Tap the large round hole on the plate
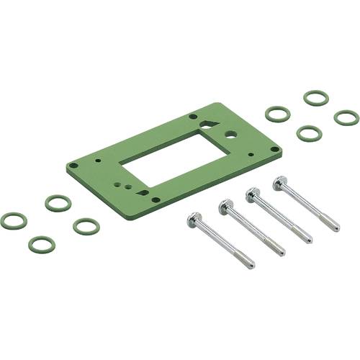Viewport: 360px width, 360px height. point(230,134)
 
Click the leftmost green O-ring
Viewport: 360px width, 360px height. point(14,220)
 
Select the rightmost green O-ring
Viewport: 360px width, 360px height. point(346,117)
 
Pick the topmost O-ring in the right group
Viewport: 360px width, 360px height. point(316,97)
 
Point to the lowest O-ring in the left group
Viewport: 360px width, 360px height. point(42,244)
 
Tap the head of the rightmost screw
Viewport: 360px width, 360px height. point(281,183)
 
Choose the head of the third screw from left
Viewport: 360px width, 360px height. point(253,194)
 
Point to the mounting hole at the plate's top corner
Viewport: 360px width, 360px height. point(192,117)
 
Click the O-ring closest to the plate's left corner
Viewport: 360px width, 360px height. point(58,203)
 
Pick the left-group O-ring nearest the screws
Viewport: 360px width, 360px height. point(86,226)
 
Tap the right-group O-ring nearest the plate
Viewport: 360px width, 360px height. point(278,114)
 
